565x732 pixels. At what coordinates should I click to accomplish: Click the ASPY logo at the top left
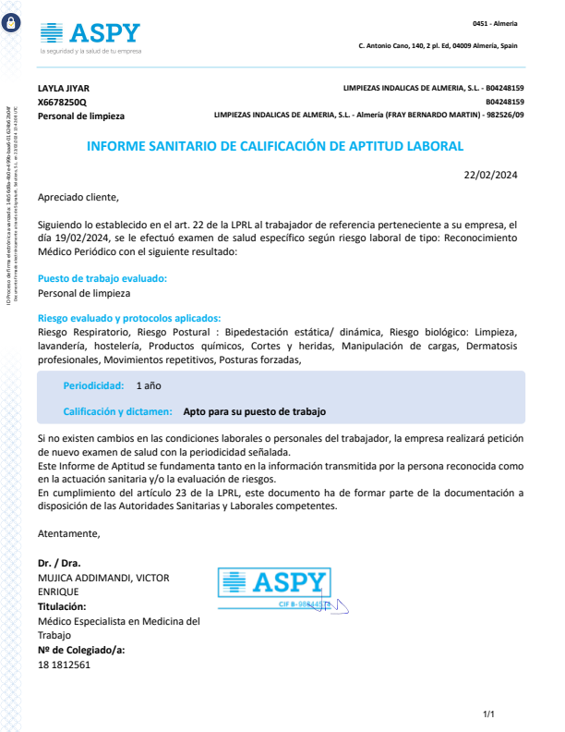(90, 35)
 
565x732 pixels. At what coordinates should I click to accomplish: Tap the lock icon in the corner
(12, 23)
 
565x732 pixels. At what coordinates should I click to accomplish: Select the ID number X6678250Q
(62, 102)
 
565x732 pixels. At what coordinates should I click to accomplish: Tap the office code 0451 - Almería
(495, 23)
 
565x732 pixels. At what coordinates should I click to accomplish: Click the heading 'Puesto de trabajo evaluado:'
(102, 278)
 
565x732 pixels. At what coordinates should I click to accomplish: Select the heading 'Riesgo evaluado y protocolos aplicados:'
(128, 318)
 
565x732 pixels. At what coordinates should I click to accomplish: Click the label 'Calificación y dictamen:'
(117, 411)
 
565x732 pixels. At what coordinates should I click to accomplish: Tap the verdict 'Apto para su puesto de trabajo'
(255, 411)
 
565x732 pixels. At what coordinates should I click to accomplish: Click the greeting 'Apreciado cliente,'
(78, 197)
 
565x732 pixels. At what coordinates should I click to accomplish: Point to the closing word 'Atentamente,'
(69, 533)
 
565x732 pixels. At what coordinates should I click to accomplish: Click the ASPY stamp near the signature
(274, 584)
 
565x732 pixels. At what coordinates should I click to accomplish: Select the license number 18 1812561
(64, 665)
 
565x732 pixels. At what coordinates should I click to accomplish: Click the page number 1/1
(489, 714)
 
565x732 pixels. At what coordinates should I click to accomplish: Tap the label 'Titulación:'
(62, 606)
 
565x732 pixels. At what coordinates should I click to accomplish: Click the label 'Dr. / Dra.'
(58, 563)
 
